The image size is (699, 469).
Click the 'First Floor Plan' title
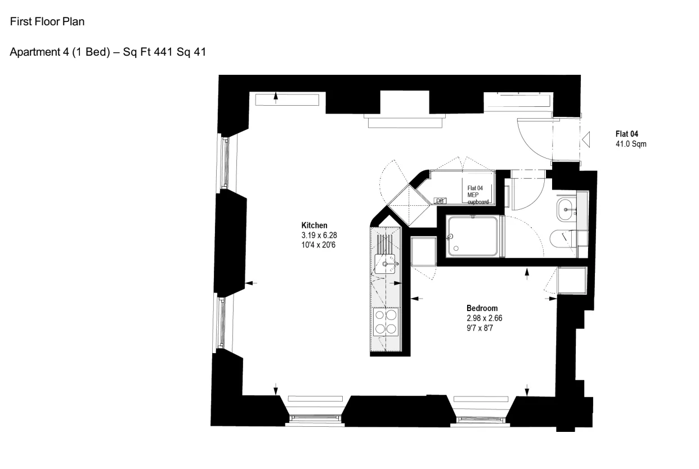click(47, 21)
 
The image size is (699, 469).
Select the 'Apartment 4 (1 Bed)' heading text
click(60, 52)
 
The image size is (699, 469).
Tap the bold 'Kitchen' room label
click(314, 225)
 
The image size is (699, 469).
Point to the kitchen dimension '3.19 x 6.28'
click(319, 235)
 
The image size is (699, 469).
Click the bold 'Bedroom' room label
click(482, 308)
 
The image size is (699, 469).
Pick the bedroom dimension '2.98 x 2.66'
click(485, 318)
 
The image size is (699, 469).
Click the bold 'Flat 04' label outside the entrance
click(626, 134)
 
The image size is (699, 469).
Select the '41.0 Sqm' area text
click(631, 144)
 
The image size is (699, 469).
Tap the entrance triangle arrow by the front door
click(586, 139)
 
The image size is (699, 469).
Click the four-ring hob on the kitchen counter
click(386, 322)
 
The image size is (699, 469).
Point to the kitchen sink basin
click(385, 264)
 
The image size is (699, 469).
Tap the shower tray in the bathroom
click(472, 236)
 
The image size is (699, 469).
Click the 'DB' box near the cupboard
click(440, 201)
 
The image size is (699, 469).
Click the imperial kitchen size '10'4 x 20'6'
click(319, 245)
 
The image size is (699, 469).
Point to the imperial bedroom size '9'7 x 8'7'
click(480, 328)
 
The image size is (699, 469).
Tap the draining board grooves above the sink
click(385, 244)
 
